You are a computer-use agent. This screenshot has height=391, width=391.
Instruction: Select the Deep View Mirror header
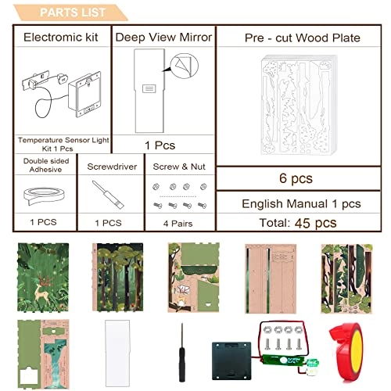point(163,37)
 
